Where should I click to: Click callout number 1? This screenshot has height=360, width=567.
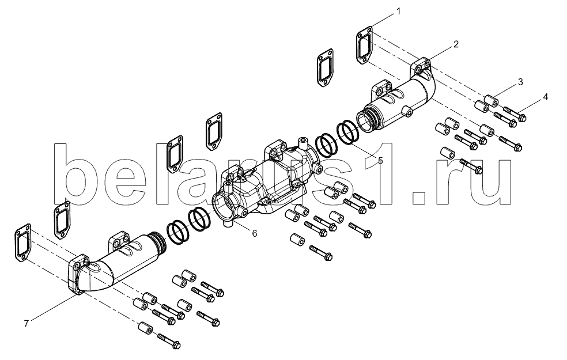point(398,12)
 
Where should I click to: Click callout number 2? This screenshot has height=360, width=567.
point(456,44)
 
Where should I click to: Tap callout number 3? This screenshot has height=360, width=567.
point(520,82)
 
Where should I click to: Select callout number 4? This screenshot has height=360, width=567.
point(545,97)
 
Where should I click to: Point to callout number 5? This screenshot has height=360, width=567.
point(380,161)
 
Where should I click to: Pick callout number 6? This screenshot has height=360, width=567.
point(255,233)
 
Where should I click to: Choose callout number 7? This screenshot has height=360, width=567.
point(26,324)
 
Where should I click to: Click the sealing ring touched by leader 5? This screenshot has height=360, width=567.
point(348,132)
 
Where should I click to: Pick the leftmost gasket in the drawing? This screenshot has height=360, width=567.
point(23,242)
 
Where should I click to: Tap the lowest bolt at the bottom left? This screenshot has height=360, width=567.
point(169,341)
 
